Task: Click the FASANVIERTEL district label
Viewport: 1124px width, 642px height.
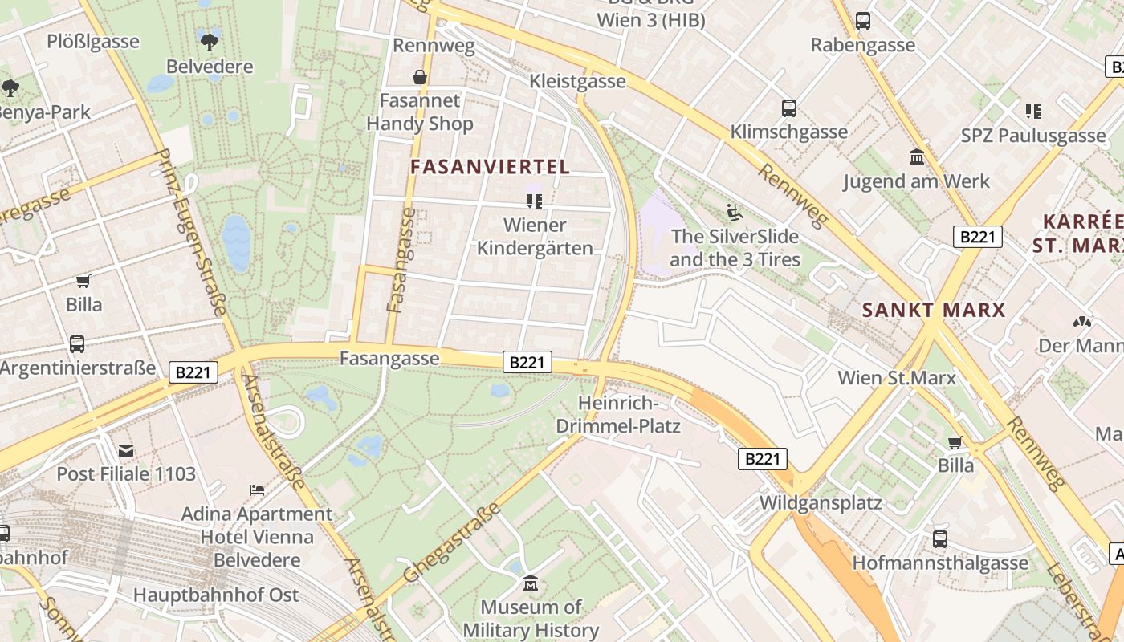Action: click(x=490, y=167)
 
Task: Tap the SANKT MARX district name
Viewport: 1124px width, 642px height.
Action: click(x=933, y=310)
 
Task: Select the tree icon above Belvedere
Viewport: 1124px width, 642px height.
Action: click(x=210, y=41)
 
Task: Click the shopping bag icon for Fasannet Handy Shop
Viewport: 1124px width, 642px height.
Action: click(x=419, y=77)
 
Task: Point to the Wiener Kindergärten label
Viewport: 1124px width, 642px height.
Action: click(x=535, y=237)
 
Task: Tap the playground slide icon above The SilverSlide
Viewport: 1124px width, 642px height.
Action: click(x=734, y=213)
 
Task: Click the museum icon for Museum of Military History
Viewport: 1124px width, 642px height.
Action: click(x=530, y=583)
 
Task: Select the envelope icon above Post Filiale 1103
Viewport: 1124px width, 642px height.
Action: click(x=126, y=450)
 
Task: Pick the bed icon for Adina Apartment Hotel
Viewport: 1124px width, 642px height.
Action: click(x=256, y=490)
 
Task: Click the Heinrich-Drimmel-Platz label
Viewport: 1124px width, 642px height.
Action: click(x=629, y=414)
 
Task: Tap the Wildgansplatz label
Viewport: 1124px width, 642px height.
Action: click(x=821, y=503)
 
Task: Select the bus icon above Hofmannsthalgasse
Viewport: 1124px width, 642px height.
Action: click(x=939, y=539)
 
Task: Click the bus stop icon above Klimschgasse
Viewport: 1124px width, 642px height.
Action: click(x=788, y=108)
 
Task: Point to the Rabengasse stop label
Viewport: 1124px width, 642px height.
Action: click(x=862, y=45)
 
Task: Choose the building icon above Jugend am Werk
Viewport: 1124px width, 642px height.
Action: click(x=916, y=157)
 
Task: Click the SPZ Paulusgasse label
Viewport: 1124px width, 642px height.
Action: click(x=1032, y=136)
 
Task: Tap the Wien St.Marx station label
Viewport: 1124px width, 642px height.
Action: click(x=896, y=378)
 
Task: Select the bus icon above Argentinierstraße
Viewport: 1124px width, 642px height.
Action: click(x=77, y=344)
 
